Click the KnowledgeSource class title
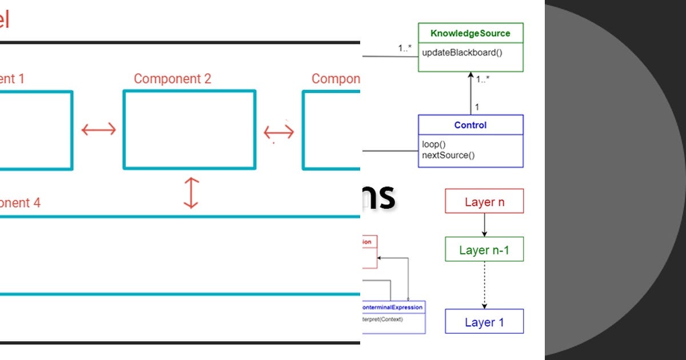pyautogui.click(x=470, y=33)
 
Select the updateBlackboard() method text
pyautogui.click(x=462, y=53)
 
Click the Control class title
pyautogui.click(x=470, y=125)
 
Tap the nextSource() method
pyautogui.click(x=449, y=155)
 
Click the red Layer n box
pyautogui.click(x=484, y=202)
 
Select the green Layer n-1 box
pyautogui.click(x=484, y=250)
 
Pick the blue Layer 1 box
pyautogui.click(x=484, y=322)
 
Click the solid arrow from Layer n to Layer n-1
pyautogui.click(x=484, y=225)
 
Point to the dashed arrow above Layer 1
pyautogui.click(x=484, y=285)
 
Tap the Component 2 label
pyautogui.click(x=172, y=79)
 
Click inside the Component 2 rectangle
pyautogui.click(x=189, y=130)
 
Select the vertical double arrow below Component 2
pyautogui.click(x=190, y=193)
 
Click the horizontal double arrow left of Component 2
pyautogui.click(x=98, y=130)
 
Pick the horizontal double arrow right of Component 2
pyautogui.click(x=279, y=133)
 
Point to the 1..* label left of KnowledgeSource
pyautogui.click(x=405, y=49)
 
